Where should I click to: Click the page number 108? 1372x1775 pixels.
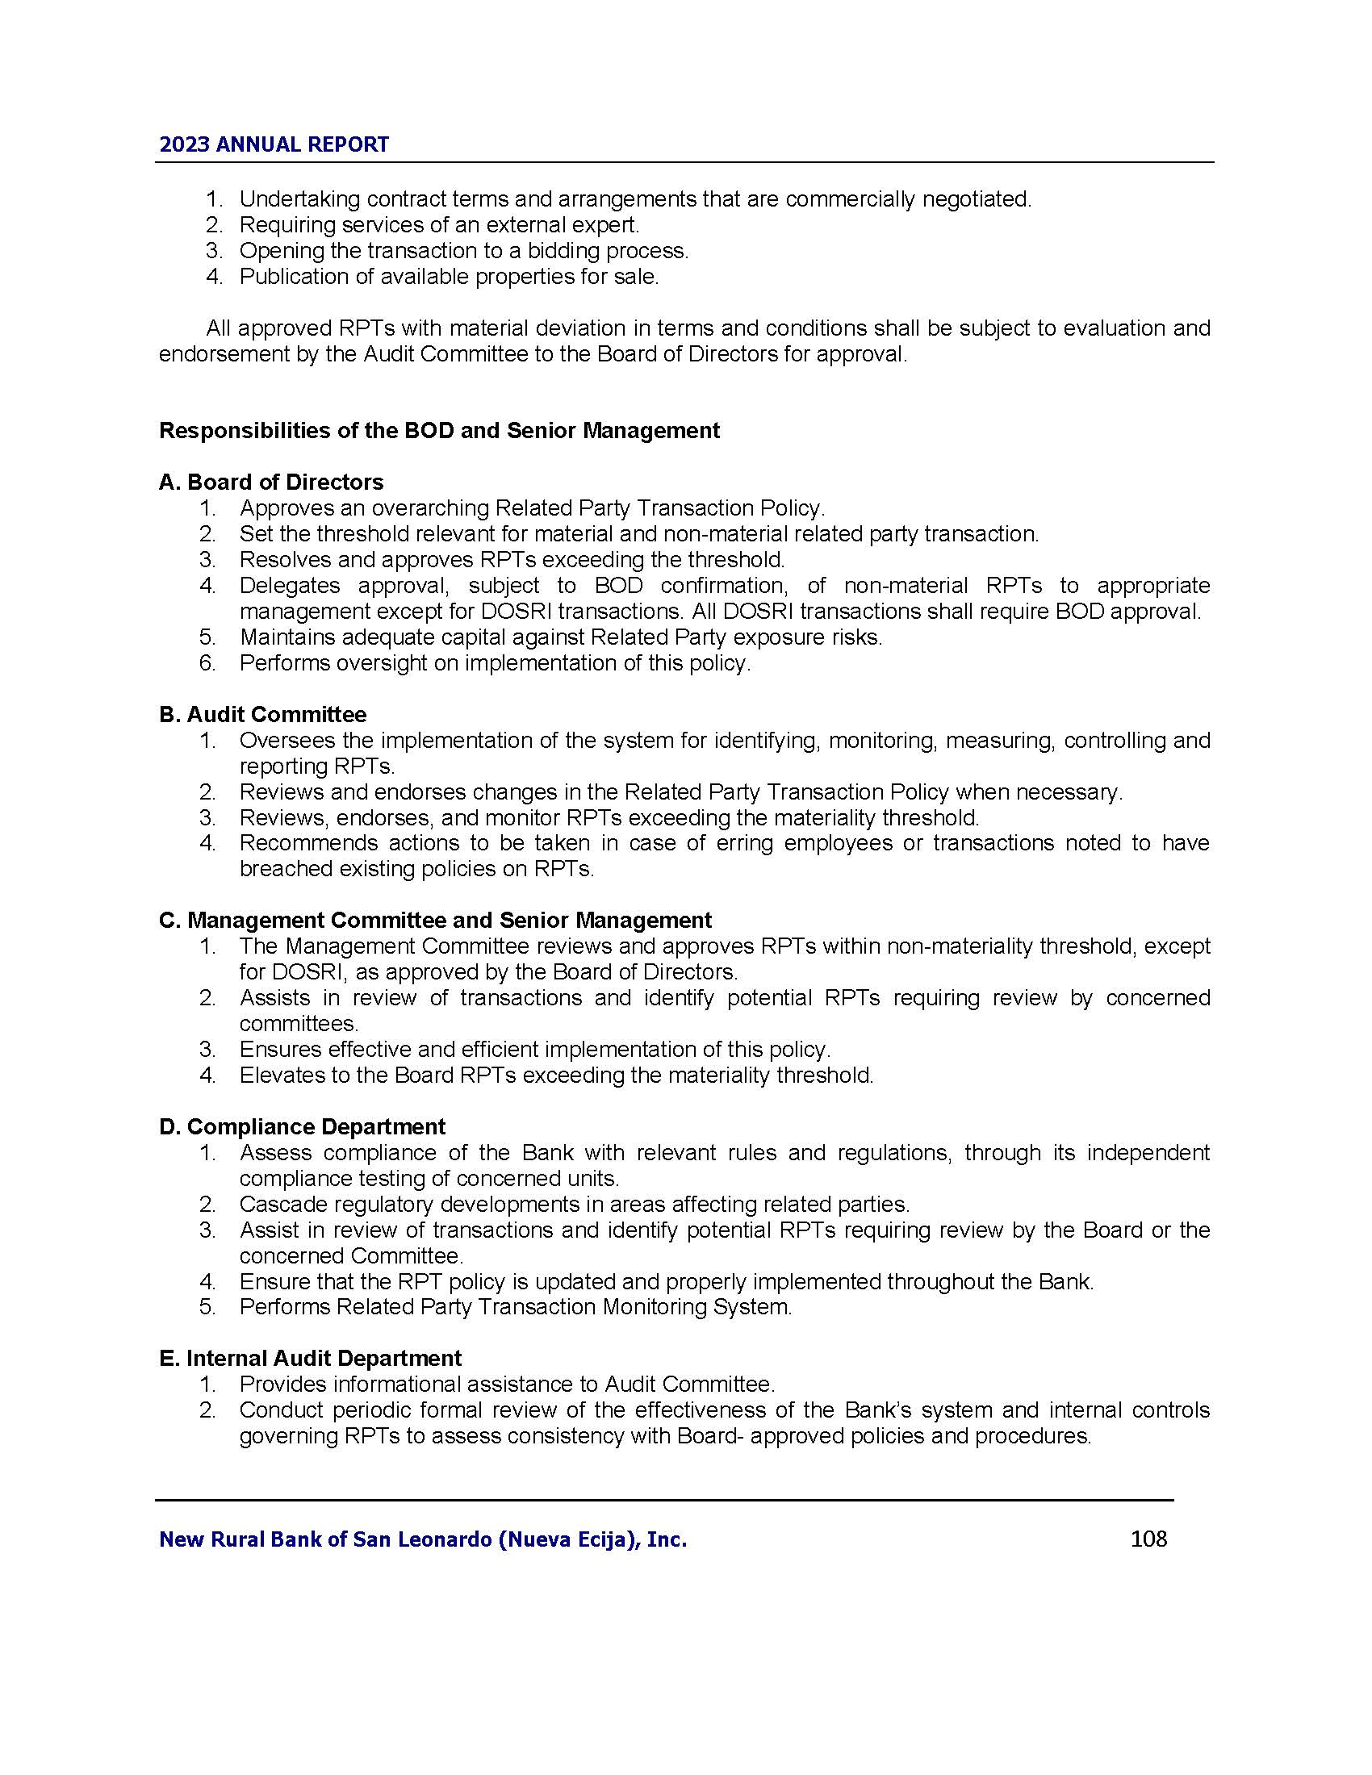(1148, 1539)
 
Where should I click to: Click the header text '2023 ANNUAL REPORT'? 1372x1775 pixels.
(274, 144)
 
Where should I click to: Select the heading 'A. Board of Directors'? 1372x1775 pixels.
(270, 482)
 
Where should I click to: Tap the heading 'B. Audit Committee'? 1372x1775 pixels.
(262, 714)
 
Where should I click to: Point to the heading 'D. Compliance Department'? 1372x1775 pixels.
(302, 1126)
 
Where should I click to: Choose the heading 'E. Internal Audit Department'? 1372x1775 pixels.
(310, 1358)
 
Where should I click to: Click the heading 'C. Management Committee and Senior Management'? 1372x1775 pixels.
(435, 920)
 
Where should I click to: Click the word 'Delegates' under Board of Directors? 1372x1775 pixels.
(285, 585)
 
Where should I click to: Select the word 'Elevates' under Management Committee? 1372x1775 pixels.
(280, 1075)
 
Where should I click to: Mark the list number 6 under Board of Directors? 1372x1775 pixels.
(207, 663)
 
